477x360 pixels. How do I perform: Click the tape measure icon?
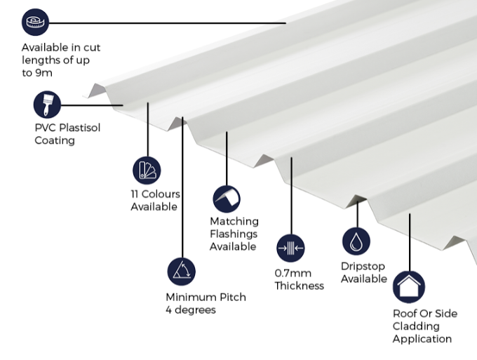36,23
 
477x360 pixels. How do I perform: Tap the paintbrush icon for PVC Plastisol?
47,105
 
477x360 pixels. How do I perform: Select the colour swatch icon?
147,171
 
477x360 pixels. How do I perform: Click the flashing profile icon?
227,199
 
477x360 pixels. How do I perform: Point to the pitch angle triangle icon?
181,272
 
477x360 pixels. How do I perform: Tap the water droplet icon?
356,241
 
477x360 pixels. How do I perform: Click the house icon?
408,287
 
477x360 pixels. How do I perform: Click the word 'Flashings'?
233,234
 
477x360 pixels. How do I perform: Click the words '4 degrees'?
190,309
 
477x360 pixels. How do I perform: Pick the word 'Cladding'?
416,326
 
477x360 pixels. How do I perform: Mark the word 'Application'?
422,339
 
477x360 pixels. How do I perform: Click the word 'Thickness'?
299,286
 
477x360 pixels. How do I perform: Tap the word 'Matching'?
234,221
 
